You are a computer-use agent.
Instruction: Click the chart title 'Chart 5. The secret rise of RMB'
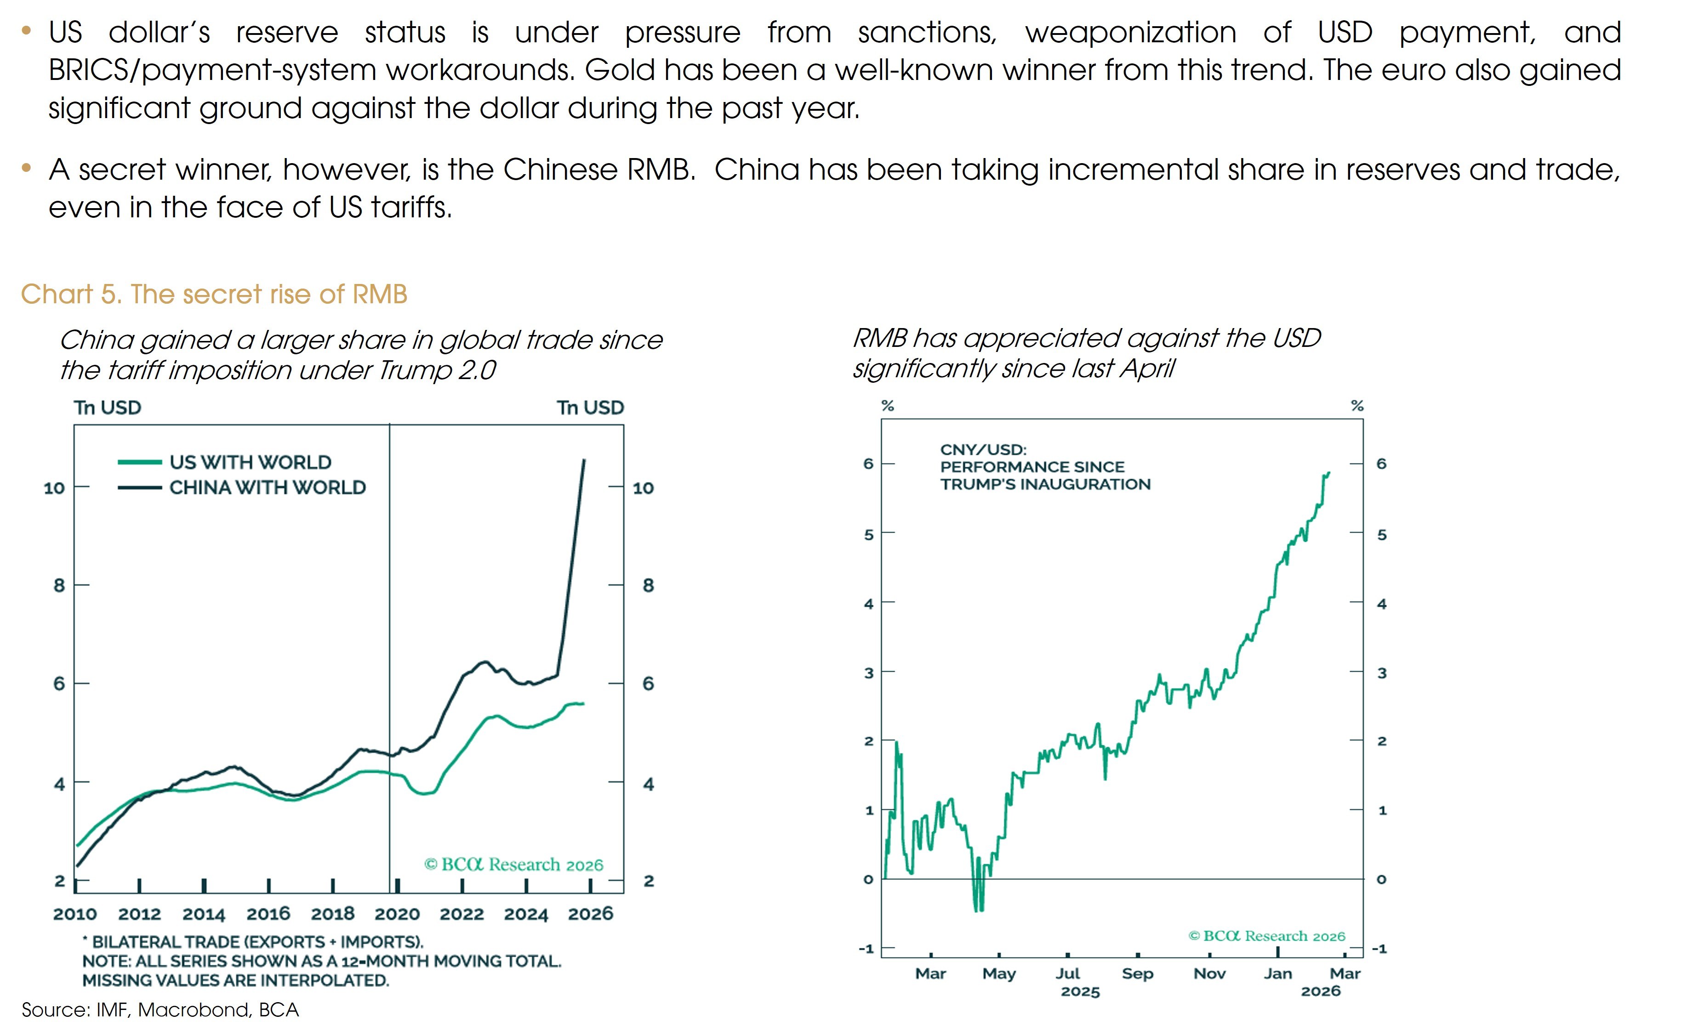214,295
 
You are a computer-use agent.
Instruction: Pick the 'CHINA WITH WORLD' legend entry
267,488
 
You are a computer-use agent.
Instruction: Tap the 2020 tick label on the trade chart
397,914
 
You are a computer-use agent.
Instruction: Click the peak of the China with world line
584,459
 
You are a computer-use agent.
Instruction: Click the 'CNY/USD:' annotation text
983,450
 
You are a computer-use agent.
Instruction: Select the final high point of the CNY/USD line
1328,473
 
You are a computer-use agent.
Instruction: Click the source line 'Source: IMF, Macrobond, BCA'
160,1010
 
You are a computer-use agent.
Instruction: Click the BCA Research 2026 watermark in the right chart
1267,936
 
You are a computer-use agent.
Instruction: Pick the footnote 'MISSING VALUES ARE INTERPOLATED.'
236,980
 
